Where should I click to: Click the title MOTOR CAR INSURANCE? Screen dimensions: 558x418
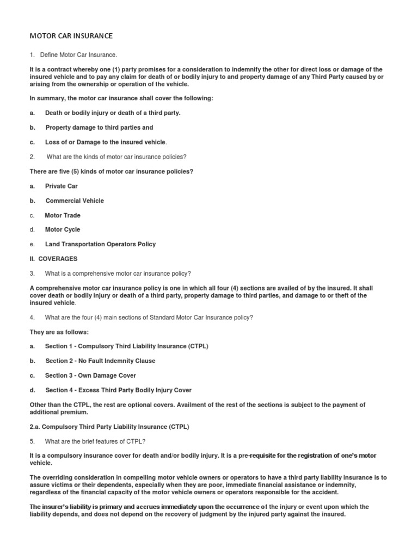(71, 36)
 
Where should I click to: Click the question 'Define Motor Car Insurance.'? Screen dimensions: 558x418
(78, 55)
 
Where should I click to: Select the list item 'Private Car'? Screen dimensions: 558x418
(62, 186)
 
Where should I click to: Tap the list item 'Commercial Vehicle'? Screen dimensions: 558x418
(75, 201)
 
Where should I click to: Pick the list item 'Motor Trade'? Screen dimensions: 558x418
(63, 215)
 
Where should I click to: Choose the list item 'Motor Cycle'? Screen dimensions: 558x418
(63, 229)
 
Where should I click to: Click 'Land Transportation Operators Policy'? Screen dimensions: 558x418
(100, 244)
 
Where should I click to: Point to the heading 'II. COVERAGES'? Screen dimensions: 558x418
(53, 259)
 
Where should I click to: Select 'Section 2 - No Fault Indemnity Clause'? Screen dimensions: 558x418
(100, 361)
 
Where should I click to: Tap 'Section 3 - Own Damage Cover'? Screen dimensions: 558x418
(90, 375)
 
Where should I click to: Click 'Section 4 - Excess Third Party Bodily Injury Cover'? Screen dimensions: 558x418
(118, 390)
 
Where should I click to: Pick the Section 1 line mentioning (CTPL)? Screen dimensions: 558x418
(127, 346)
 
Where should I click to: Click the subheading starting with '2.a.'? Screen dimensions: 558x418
(109, 426)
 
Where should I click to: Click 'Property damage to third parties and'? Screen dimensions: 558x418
(99, 128)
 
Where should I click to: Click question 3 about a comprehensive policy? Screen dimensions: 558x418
(118, 273)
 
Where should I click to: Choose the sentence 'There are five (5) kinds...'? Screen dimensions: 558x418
(111, 171)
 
